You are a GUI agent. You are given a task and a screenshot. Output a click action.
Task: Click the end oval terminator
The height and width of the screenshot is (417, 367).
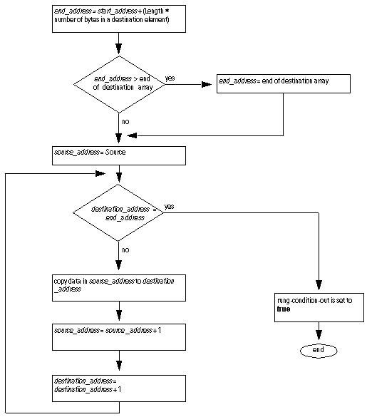[x=318, y=350]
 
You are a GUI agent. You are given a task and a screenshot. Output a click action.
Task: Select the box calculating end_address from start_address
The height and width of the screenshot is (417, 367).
[x=119, y=18]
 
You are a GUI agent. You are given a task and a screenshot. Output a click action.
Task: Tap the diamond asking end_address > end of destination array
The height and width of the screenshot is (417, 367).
[x=119, y=83]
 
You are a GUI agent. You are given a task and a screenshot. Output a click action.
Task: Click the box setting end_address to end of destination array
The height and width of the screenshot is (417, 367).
[x=284, y=83]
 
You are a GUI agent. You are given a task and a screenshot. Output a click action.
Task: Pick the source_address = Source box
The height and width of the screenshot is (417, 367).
[x=119, y=155]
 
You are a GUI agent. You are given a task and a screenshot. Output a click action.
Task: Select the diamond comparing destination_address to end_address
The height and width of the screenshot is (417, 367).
[x=119, y=212]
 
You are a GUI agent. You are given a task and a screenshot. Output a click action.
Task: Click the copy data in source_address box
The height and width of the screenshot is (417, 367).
[x=119, y=285]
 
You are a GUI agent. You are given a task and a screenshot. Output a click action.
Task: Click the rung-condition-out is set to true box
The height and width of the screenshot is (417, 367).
[x=318, y=306]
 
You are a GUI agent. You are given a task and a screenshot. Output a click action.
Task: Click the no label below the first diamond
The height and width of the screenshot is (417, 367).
[x=125, y=122]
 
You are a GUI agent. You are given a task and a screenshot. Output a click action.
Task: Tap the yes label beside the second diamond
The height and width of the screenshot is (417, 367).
[x=170, y=207]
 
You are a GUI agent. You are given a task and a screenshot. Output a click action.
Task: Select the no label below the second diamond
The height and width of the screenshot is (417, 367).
[x=125, y=250]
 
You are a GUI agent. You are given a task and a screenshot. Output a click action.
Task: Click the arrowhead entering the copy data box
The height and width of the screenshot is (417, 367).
[x=119, y=268]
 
